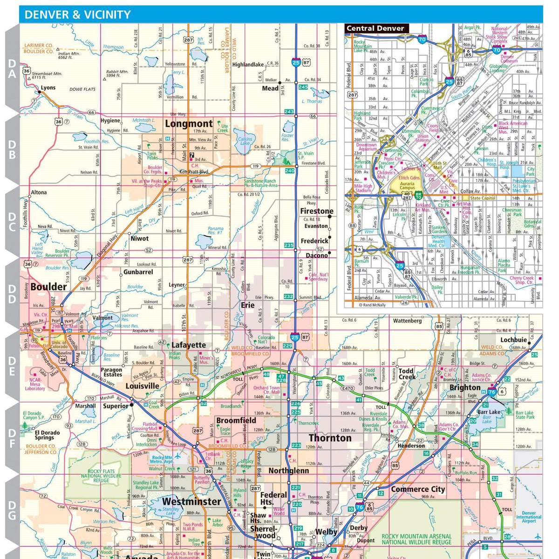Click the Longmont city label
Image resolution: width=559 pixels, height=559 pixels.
(x=189, y=124)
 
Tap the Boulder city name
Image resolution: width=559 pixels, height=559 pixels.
(x=49, y=287)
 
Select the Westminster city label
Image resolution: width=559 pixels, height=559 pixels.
(x=191, y=502)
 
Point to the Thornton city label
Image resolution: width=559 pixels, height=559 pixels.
(x=330, y=438)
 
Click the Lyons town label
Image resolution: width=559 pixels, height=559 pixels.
(x=48, y=88)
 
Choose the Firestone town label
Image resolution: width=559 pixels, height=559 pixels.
(x=317, y=211)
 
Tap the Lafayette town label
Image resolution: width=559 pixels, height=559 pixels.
(x=189, y=345)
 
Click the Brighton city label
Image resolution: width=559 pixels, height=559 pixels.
(x=465, y=388)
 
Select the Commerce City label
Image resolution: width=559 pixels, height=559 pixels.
(x=418, y=489)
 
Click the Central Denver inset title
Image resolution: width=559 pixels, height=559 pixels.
(x=375, y=28)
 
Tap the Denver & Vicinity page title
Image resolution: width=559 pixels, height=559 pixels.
(x=77, y=14)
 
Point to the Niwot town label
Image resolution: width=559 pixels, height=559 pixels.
(x=139, y=239)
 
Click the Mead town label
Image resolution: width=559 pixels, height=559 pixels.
(x=270, y=88)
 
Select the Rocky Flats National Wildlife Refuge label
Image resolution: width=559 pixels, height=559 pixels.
(x=101, y=476)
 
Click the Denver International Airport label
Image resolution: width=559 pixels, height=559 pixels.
(x=529, y=517)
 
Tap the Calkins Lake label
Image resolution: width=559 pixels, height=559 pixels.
(x=245, y=141)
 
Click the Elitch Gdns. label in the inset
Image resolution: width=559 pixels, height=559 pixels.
(x=409, y=178)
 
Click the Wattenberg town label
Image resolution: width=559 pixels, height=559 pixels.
(x=407, y=321)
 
